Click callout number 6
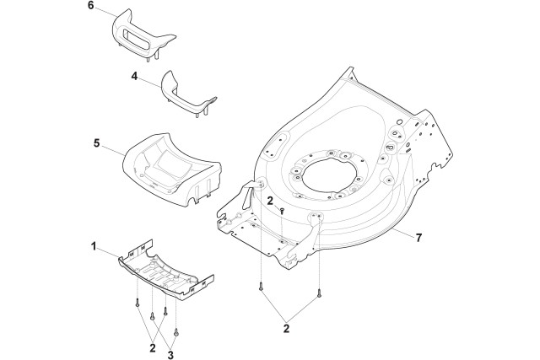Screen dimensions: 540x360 [x=90, y=6]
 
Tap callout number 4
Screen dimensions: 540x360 [x=134, y=76]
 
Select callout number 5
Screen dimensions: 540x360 [x=97, y=143]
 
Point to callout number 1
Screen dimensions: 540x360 [x=94, y=246]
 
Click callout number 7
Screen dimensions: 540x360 [x=418, y=238]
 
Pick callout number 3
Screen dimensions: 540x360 [x=170, y=354]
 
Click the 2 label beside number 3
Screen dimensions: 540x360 [x=153, y=348]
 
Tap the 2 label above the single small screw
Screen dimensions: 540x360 [x=270, y=201]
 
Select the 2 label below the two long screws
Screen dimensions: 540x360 [x=286, y=328]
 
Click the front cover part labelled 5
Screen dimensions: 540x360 [x=171, y=169]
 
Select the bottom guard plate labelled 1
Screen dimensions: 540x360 [x=165, y=271]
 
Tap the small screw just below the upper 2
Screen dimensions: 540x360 [x=282, y=211]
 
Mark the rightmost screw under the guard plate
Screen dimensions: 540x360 [x=176, y=332]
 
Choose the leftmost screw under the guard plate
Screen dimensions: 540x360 [x=138, y=302]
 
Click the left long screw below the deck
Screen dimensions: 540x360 [x=261, y=287]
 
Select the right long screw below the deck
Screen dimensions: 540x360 [x=319, y=293]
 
